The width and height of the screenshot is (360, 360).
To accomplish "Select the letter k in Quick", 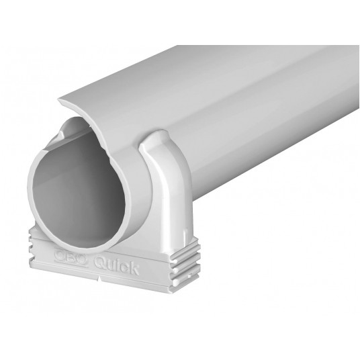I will pyautogui.click(x=135, y=270).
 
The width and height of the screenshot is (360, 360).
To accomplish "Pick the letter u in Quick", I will pyautogui.click(x=113, y=266).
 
